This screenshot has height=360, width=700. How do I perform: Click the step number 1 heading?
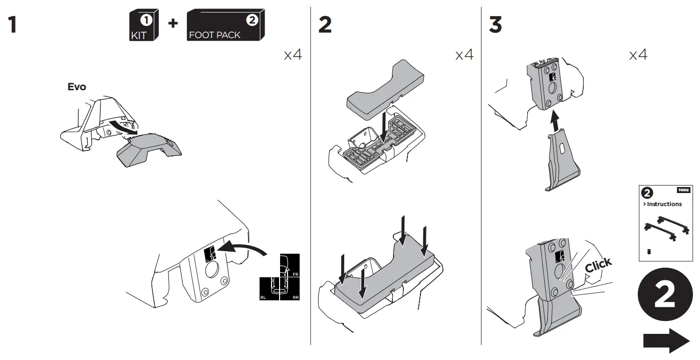point(12,25)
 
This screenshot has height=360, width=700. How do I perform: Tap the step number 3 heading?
point(495,25)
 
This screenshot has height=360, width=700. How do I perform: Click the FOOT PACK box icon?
point(225,27)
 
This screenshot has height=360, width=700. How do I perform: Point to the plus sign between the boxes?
point(172,23)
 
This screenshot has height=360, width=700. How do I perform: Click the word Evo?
point(77,87)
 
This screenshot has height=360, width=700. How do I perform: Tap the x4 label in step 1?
point(293,55)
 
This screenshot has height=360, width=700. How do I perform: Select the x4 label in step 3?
point(638,55)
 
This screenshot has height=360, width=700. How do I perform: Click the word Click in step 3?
point(598,265)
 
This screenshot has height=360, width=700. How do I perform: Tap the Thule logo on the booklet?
point(683,191)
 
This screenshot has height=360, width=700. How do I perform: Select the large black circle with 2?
point(664,298)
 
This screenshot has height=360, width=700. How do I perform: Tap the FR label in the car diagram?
point(295,275)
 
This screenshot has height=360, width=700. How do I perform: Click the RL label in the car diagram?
point(264,297)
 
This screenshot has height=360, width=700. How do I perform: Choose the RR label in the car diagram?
point(295,297)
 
